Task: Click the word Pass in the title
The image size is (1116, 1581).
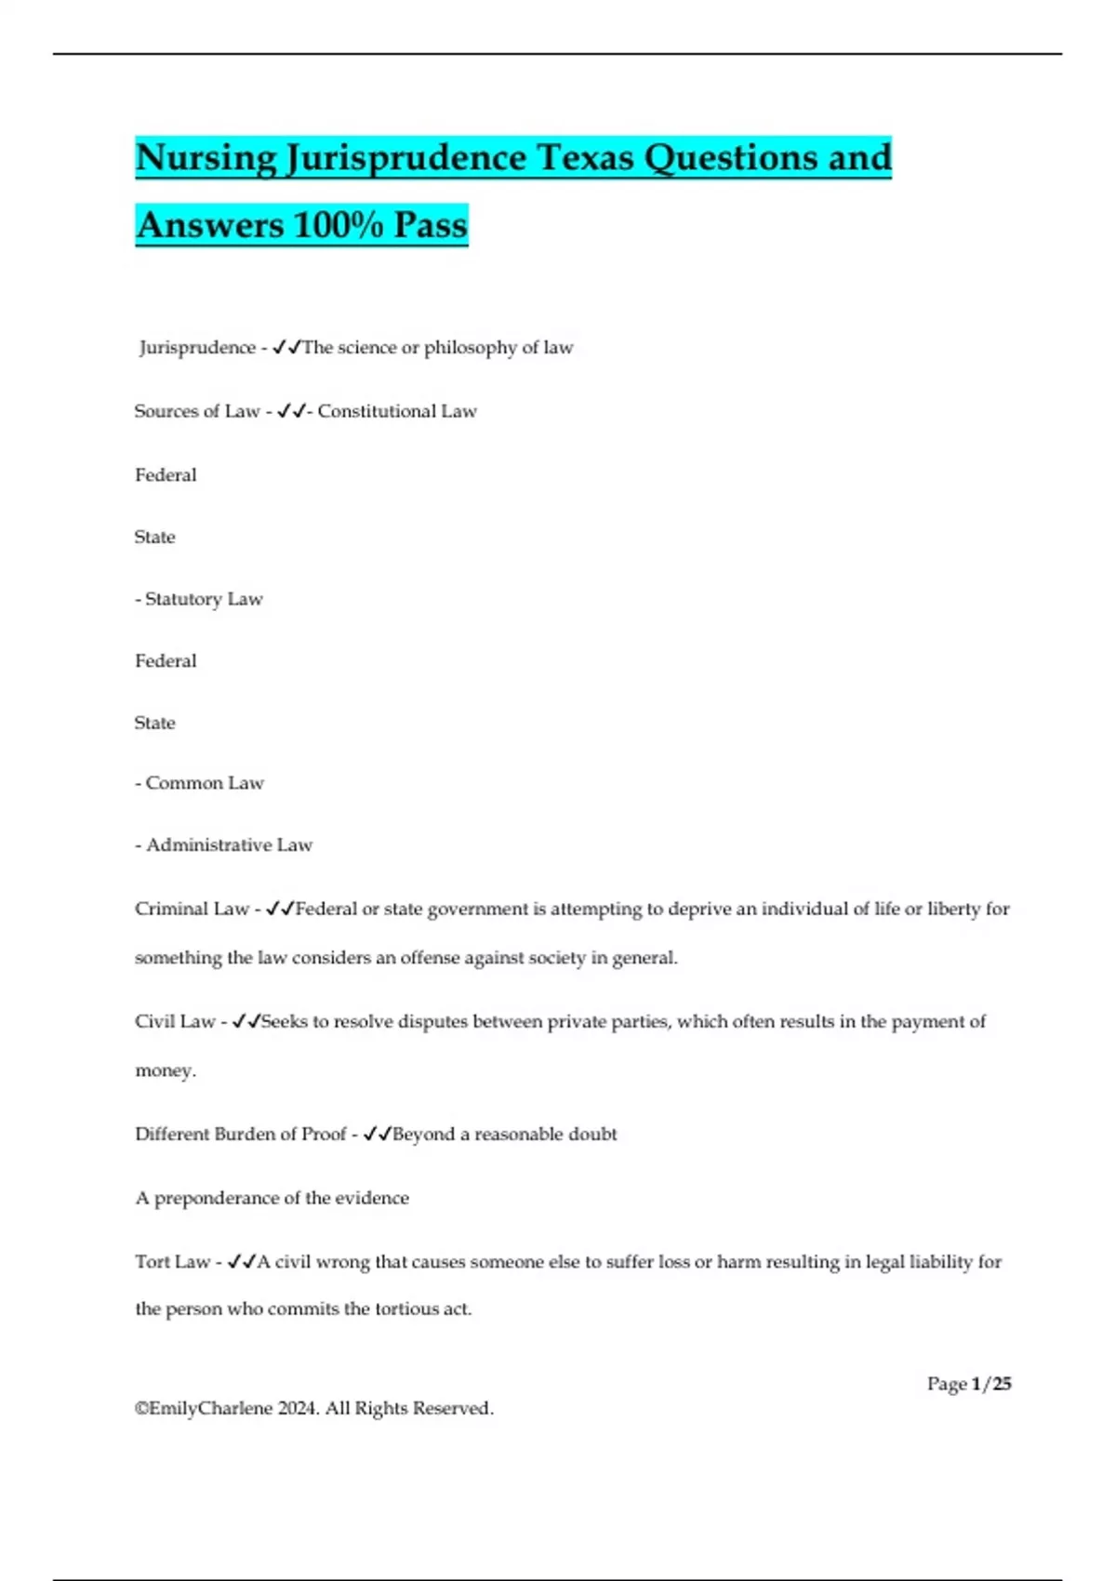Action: [x=430, y=225]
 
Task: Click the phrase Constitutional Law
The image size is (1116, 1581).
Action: [x=397, y=411]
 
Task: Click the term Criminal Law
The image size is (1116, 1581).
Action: [x=192, y=909]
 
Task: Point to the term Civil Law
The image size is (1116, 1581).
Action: [x=175, y=1021]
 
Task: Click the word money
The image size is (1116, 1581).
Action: [x=165, y=1070]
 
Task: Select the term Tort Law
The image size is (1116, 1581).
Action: [x=172, y=1262]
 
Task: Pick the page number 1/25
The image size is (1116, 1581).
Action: [x=990, y=1384]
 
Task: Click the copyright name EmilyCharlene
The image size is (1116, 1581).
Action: [x=210, y=1408]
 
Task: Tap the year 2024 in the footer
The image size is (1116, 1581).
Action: [x=298, y=1408]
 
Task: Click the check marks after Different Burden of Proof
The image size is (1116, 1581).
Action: [x=377, y=1134]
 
